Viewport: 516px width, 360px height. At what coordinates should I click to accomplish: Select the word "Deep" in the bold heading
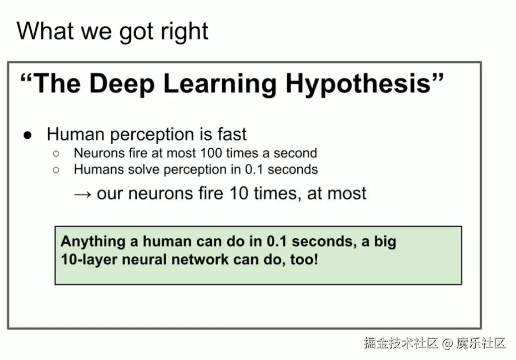click(122, 84)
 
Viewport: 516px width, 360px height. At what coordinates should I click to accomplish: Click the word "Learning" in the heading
click(220, 84)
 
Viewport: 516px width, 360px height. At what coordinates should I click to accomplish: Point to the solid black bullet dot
click(28, 135)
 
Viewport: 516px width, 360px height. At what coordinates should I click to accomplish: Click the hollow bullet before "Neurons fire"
click(56, 153)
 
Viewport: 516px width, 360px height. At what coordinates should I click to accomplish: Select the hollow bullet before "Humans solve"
click(56, 170)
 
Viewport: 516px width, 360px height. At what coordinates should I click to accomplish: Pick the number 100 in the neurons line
click(211, 153)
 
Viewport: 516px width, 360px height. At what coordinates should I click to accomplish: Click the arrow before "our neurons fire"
click(83, 194)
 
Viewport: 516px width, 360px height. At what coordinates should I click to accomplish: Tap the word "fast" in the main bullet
click(232, 134)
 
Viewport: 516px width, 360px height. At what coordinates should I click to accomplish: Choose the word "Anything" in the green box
click(93, 242)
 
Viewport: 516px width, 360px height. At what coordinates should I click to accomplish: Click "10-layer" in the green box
click(89, 259)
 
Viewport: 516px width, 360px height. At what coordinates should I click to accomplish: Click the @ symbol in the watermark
click(447, 343)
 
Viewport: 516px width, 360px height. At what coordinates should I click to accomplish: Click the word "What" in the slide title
click(45, 31)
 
